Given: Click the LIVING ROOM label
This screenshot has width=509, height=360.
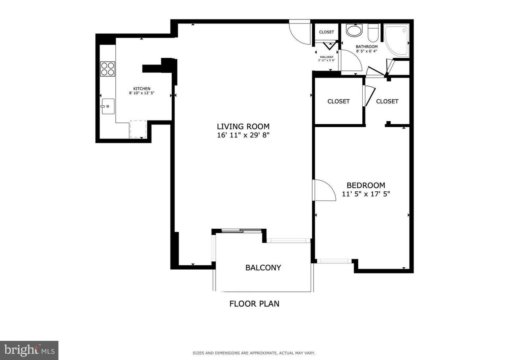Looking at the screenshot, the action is [243, 126].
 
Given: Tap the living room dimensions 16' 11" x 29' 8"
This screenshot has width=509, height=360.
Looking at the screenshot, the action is [243, 135].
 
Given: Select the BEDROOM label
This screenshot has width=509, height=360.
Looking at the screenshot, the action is [366, 185].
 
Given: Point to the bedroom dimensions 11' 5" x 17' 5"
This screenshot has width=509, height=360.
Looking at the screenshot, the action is [366, 194].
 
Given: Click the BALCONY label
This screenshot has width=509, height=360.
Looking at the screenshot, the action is [263, 267].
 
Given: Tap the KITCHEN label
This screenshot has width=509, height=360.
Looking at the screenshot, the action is [142, 89].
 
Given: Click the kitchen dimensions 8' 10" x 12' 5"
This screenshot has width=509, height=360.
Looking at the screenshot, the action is [142, 93].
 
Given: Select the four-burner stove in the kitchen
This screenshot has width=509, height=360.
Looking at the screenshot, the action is [107, 69].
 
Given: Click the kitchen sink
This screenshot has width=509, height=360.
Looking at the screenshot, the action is [108, 106].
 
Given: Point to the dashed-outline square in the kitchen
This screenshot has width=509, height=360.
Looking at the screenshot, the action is [138, 129].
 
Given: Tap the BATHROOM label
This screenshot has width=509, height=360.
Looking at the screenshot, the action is [367, 47].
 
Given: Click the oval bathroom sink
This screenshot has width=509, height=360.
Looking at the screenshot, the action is [354, 31].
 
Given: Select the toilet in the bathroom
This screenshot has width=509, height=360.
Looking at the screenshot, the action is [373, 33].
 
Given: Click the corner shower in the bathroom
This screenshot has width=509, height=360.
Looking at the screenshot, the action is [396, 41].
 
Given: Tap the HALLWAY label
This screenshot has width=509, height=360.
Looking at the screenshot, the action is [326, 57].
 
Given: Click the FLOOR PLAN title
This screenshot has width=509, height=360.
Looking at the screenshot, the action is [254, 304].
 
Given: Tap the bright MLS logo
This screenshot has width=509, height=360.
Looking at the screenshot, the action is [29, 350].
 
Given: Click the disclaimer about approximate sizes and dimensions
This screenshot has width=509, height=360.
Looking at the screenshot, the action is [254, 353].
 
